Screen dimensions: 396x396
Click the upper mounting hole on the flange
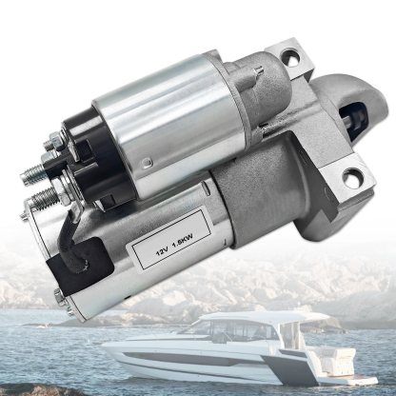[289, 59]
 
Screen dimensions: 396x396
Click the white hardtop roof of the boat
[257, 315]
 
